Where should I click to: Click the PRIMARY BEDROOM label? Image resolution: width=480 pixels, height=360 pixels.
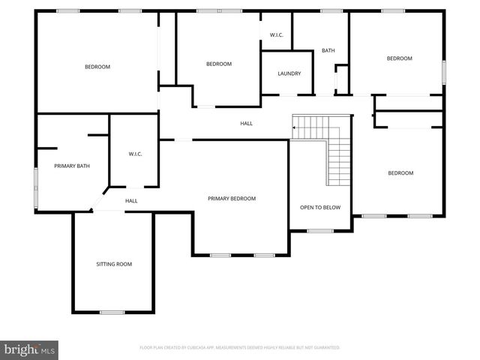click(232, 199)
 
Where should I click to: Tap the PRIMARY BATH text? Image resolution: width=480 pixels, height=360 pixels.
click(72, 166)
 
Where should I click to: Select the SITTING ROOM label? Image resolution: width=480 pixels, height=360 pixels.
click(114, 264)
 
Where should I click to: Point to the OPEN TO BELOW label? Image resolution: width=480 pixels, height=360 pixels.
click(320, 207)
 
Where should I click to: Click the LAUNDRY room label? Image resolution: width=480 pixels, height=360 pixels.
click(289, 73)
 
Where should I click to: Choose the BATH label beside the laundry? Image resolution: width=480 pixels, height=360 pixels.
click(328, 51)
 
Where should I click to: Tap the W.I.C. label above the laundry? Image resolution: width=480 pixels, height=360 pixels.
click(276, 35)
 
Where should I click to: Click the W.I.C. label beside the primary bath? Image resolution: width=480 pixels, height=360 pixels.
click(135, 154)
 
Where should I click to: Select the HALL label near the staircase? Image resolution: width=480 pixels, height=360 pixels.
click(246, 124)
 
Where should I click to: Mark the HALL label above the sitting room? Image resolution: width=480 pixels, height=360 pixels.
click(131, 201)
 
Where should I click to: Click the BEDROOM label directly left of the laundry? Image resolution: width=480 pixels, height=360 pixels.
click(218, 64)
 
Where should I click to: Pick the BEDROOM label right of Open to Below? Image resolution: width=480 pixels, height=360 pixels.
click(400, 173)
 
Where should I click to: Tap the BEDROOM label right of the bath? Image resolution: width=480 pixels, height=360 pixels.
click(399, 58)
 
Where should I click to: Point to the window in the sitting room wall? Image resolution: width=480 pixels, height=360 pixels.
click(112, 312)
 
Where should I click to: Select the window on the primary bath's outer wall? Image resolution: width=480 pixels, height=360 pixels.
click(35, 187)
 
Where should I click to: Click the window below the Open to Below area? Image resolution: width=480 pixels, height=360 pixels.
click(320, 230)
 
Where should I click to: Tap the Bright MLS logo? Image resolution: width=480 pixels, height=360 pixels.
click(29, 349)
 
